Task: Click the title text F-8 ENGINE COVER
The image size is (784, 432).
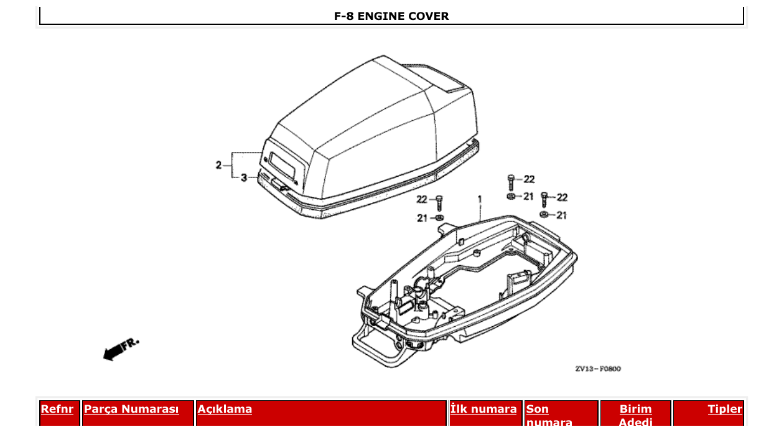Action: [391, 16]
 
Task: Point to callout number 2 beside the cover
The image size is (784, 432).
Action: [219, 165]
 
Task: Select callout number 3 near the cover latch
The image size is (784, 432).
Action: [244, 178]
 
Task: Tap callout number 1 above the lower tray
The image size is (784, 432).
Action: [480, 199]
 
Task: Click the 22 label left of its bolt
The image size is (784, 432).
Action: [422, 199]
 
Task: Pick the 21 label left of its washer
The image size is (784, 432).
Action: [422, 218]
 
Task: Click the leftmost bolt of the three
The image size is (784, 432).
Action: [439, 202]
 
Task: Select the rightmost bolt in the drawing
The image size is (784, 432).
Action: [544, 200]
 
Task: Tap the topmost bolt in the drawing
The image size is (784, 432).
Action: [511, 181]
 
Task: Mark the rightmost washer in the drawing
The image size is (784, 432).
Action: [544, 215]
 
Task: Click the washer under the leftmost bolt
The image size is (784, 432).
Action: [439, 218]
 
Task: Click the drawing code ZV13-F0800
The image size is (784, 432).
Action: [597, 369]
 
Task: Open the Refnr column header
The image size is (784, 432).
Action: [57, 409]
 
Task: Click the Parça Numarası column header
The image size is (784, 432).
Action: [131, 409]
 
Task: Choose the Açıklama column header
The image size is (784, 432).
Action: [225, 409]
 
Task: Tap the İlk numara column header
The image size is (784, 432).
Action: [483, 409]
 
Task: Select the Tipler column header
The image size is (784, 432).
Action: [725, 409]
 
